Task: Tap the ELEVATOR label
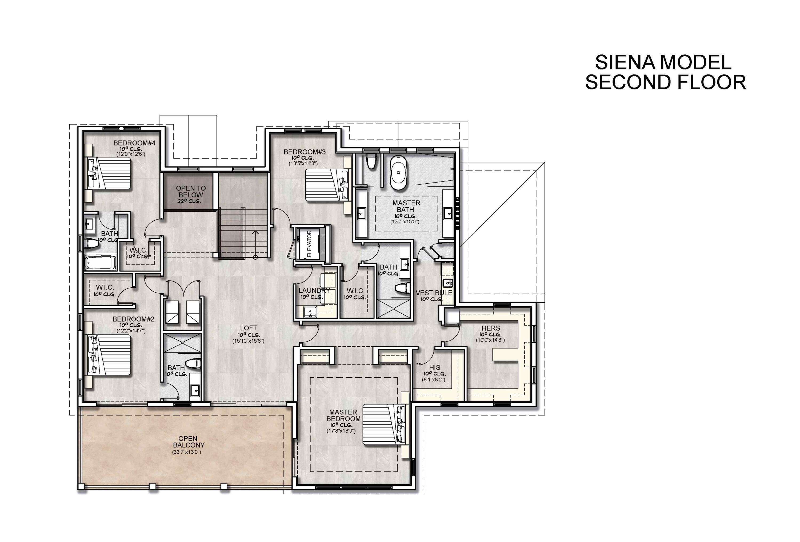click(309, 244)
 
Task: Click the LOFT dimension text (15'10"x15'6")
click(248, 341)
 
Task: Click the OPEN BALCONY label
click(188, 441)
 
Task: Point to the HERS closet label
click(491, 328)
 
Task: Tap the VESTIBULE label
click(434, 293)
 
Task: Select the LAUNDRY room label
click(314, 290)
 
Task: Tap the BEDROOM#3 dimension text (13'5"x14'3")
click(303, 164)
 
